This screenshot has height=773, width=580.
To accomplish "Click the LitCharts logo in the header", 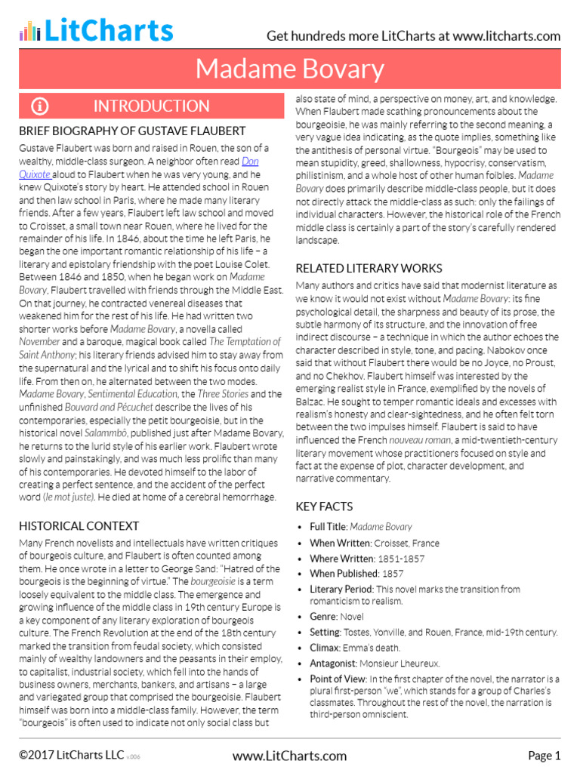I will click(96, 30).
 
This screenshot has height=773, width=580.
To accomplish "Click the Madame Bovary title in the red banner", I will click(290, 69).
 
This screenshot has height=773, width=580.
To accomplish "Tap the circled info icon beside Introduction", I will click(39, 106).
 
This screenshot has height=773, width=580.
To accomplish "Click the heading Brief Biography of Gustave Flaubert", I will click(132, 131).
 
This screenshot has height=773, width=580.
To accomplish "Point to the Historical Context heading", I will click(79, 525).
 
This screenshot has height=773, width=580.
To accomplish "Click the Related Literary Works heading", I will click(369, 268).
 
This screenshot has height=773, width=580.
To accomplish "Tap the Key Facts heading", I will click(324, 507).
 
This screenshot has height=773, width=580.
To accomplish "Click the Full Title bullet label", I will click(328, 527).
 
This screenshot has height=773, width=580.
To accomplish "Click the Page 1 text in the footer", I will click(544, 755).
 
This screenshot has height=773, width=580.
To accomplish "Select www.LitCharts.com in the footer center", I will click(289, 755).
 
